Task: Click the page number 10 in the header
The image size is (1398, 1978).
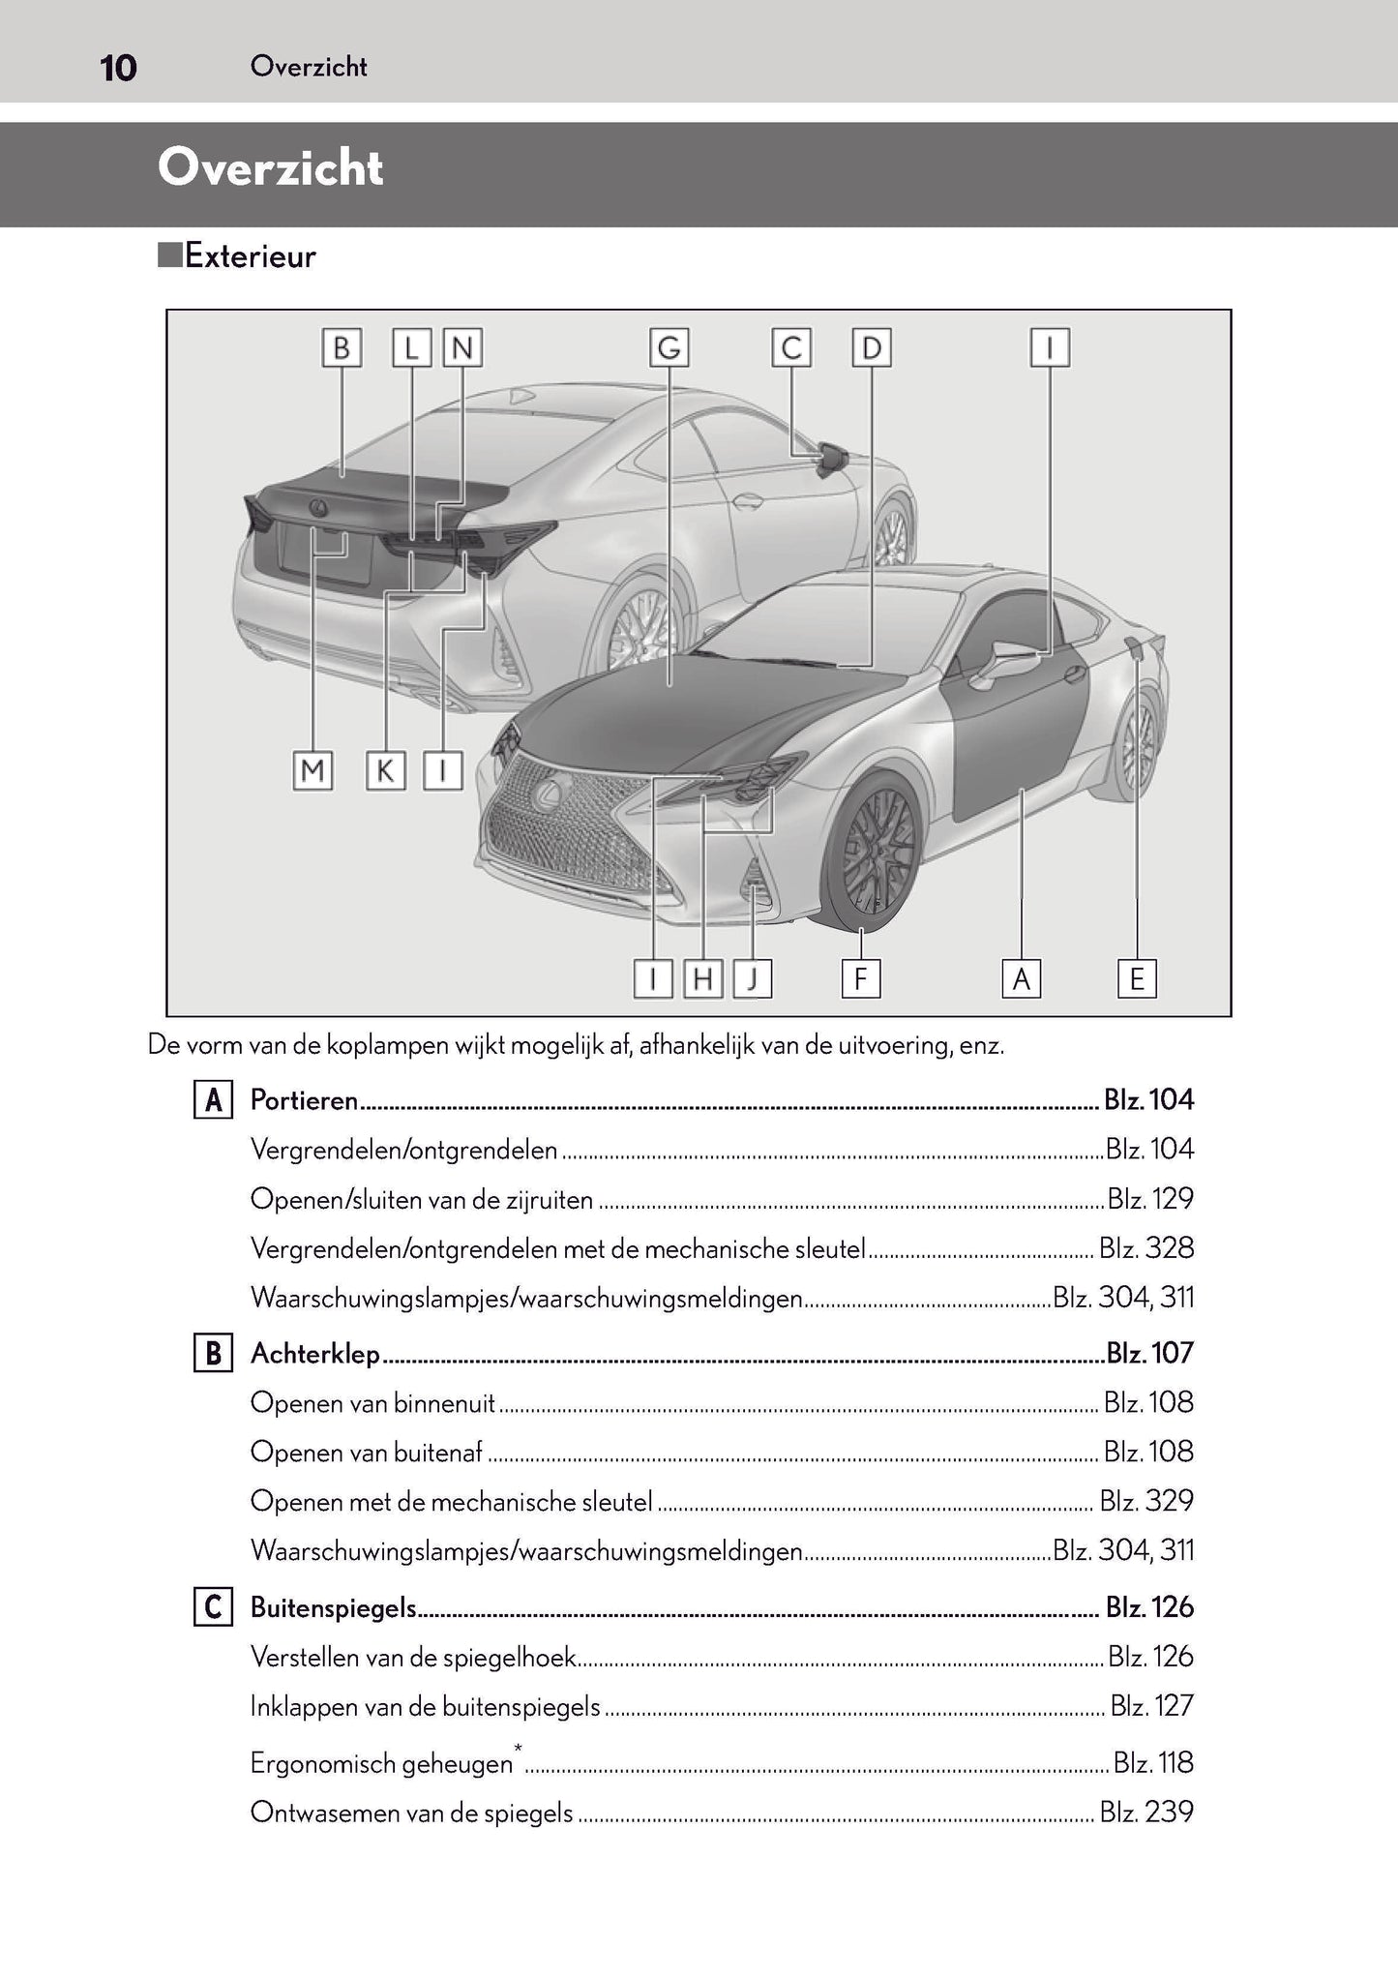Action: tap(118, 69)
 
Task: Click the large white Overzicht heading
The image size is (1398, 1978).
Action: tap(270, 168)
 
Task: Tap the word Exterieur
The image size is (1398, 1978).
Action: tap(250, 256)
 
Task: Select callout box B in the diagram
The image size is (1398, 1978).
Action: tap(341, 347)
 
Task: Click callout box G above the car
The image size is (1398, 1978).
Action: tap(669, 347)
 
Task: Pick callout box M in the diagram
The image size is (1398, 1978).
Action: tap(312, 771)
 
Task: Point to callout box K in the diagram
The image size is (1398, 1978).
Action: tap(385, 771)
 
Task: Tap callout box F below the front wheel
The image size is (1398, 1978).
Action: tap(860, 979)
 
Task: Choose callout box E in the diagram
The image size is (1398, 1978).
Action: tap(1136, 979)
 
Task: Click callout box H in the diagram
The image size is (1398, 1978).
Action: tap(703, 979)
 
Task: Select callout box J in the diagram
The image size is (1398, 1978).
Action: tap(752, 979)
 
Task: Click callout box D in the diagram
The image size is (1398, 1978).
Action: tap(871, 347)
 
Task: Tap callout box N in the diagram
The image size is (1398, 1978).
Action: tap(462, 347)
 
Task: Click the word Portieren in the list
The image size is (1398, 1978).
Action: tap(304, 1100)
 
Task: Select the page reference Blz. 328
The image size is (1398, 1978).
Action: tap(1146, 1248)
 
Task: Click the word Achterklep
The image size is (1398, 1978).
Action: tap(314, 1353)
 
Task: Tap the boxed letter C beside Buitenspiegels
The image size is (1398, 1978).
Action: tap(212, 1607)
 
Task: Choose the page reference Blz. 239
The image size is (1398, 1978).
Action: tap(1146, 1813)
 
